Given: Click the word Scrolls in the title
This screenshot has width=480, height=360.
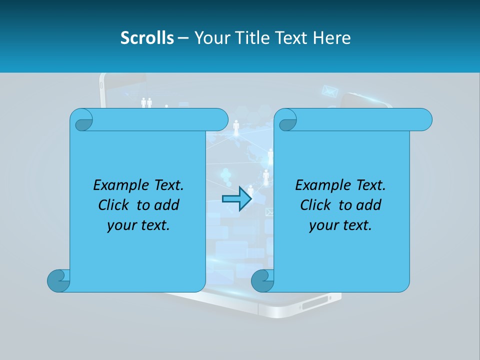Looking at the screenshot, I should pos(147,38).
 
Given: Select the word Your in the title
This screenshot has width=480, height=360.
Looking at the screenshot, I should pos(210,38).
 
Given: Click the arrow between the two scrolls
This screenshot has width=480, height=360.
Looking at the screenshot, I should pos(236,199).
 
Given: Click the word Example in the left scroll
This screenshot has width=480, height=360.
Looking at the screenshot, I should pos(118,185).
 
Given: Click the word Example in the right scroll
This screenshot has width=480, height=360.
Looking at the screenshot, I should pos(320,185).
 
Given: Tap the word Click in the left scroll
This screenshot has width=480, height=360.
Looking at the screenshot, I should pos(114,205).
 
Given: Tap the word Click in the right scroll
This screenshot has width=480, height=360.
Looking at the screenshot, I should pos(316,205).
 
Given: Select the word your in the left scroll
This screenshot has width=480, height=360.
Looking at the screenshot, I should pos(120,225).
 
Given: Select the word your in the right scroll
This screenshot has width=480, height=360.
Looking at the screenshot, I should pos(322,225).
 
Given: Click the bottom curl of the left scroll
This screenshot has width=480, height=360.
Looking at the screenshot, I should pos(58,280).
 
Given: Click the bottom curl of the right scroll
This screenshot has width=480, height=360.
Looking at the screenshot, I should pos(262,280).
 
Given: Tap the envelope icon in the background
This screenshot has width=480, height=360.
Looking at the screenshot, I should pos(329,91).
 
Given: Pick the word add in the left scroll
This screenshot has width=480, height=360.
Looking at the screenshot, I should pos(167,205).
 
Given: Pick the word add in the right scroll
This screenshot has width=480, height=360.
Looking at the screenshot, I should pos(369,205).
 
